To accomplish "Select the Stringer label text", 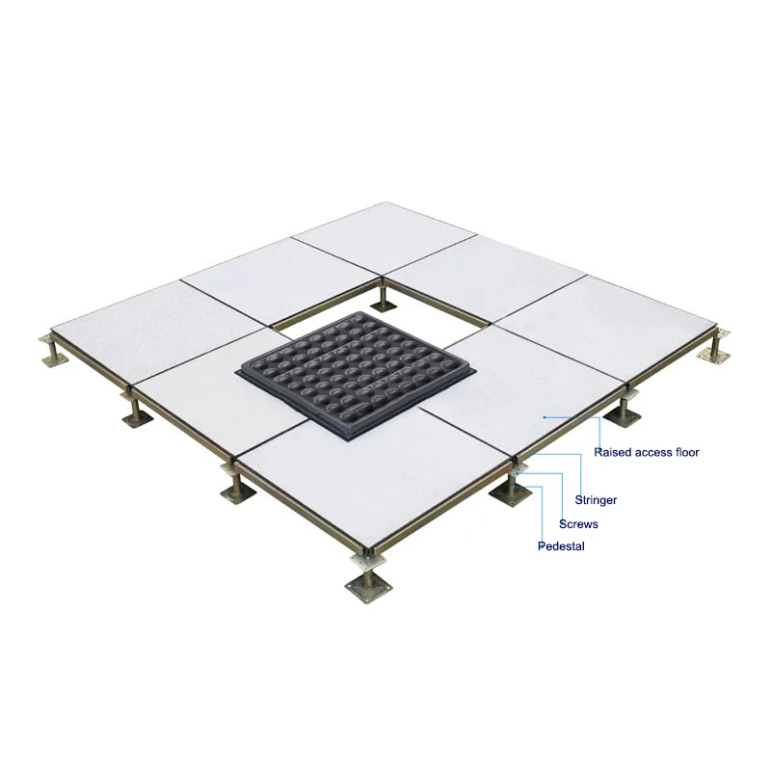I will coord(596,500).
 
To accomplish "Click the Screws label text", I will coord(578,524).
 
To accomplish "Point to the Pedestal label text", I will coord(561,546).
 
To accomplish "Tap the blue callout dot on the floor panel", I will coord(545,416).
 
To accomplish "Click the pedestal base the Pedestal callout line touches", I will coord(511,494).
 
